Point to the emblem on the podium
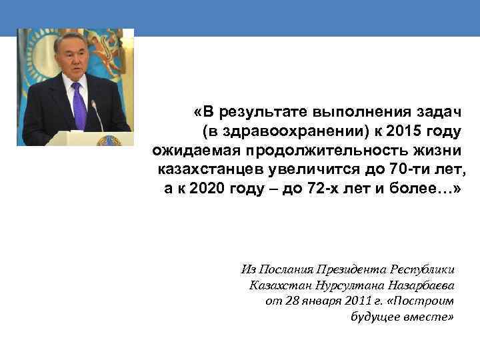click(105, 141)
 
